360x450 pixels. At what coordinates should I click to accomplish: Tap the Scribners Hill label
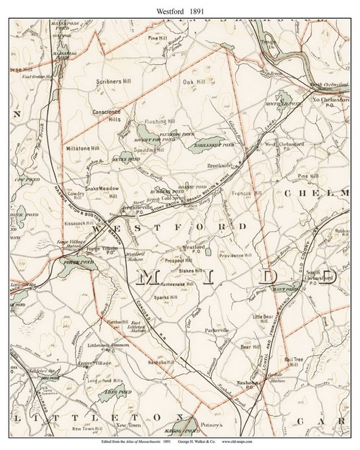(x=117, y=82)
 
